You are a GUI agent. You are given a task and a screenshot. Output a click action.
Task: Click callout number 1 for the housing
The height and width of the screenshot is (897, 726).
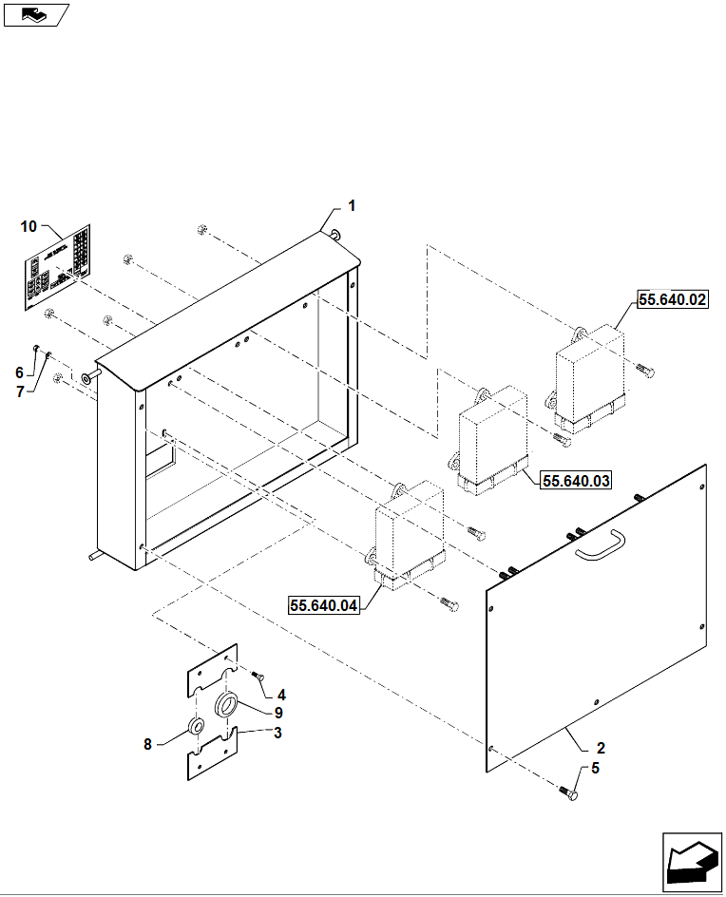[x=351, y=205]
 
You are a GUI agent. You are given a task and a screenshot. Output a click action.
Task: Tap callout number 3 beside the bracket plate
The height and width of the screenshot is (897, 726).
[x=277, y=733]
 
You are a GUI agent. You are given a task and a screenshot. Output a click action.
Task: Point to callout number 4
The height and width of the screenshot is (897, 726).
[x=281, y=695]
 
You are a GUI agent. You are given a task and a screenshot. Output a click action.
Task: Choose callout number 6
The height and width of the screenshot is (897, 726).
[x=18, y=372]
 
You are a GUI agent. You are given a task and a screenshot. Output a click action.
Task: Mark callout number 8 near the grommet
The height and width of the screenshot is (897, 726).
[x=147, y=745]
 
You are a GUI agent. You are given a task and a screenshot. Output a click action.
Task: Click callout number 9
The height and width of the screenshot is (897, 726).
[x=278, y=713]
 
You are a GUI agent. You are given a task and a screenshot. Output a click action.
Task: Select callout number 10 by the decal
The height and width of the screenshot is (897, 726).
[x=29, y=226]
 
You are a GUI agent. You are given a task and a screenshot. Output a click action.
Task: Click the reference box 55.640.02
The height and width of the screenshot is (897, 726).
[x=672, y=300]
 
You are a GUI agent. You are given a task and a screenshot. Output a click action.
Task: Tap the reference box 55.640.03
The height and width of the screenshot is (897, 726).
[x=575, y=481]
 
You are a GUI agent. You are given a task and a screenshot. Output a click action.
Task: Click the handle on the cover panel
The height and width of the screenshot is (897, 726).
[x=598, y=546]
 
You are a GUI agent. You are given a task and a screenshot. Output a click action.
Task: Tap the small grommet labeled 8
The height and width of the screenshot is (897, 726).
[x=195, y=728]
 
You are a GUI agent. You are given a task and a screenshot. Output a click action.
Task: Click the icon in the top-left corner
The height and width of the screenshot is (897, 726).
[x=36, y=14]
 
